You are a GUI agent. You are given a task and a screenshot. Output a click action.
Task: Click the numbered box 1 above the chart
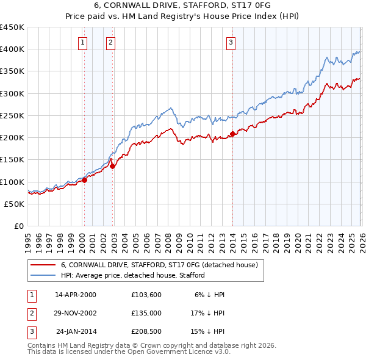click(83, 42)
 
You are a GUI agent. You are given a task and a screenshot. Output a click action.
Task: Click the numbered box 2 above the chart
click(110, 42)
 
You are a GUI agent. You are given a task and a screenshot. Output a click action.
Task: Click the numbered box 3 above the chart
click(231, 42)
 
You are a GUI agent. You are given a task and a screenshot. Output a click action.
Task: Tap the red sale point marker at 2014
click(233, 134)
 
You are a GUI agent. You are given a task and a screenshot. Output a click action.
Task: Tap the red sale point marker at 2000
click(85, 180)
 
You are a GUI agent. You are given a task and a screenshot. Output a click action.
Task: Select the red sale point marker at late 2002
click(113, 166)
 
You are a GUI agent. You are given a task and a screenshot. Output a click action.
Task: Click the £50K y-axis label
click(15, 204)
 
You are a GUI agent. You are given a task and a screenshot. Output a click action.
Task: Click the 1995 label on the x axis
click(28, 239)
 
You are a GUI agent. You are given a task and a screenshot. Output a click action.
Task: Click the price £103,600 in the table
click(145, 295)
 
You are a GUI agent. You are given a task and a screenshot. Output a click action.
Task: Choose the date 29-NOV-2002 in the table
click(76, 312)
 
